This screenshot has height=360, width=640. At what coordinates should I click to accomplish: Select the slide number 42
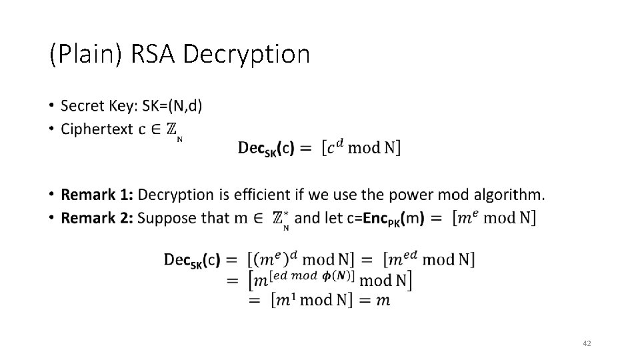coord(587,343)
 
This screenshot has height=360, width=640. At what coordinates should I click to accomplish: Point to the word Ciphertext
coord(97,129)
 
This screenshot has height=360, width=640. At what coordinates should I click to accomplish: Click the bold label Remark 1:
coord(97,195)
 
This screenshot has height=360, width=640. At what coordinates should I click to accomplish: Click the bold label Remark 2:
coord(97,217)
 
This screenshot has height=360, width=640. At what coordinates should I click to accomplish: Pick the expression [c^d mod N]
coord(361,147)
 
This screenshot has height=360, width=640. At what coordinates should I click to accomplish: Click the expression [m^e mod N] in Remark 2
coord(494,218)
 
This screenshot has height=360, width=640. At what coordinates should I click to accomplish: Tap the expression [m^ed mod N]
coord(429,259)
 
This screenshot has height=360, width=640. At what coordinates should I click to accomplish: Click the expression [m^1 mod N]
coord(311,300)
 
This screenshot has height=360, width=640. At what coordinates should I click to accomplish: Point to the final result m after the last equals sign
coord(383,301)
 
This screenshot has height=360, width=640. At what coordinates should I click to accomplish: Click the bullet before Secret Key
coord(51,106)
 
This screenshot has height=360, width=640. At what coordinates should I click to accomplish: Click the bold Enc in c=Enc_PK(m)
coord(373,218)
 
